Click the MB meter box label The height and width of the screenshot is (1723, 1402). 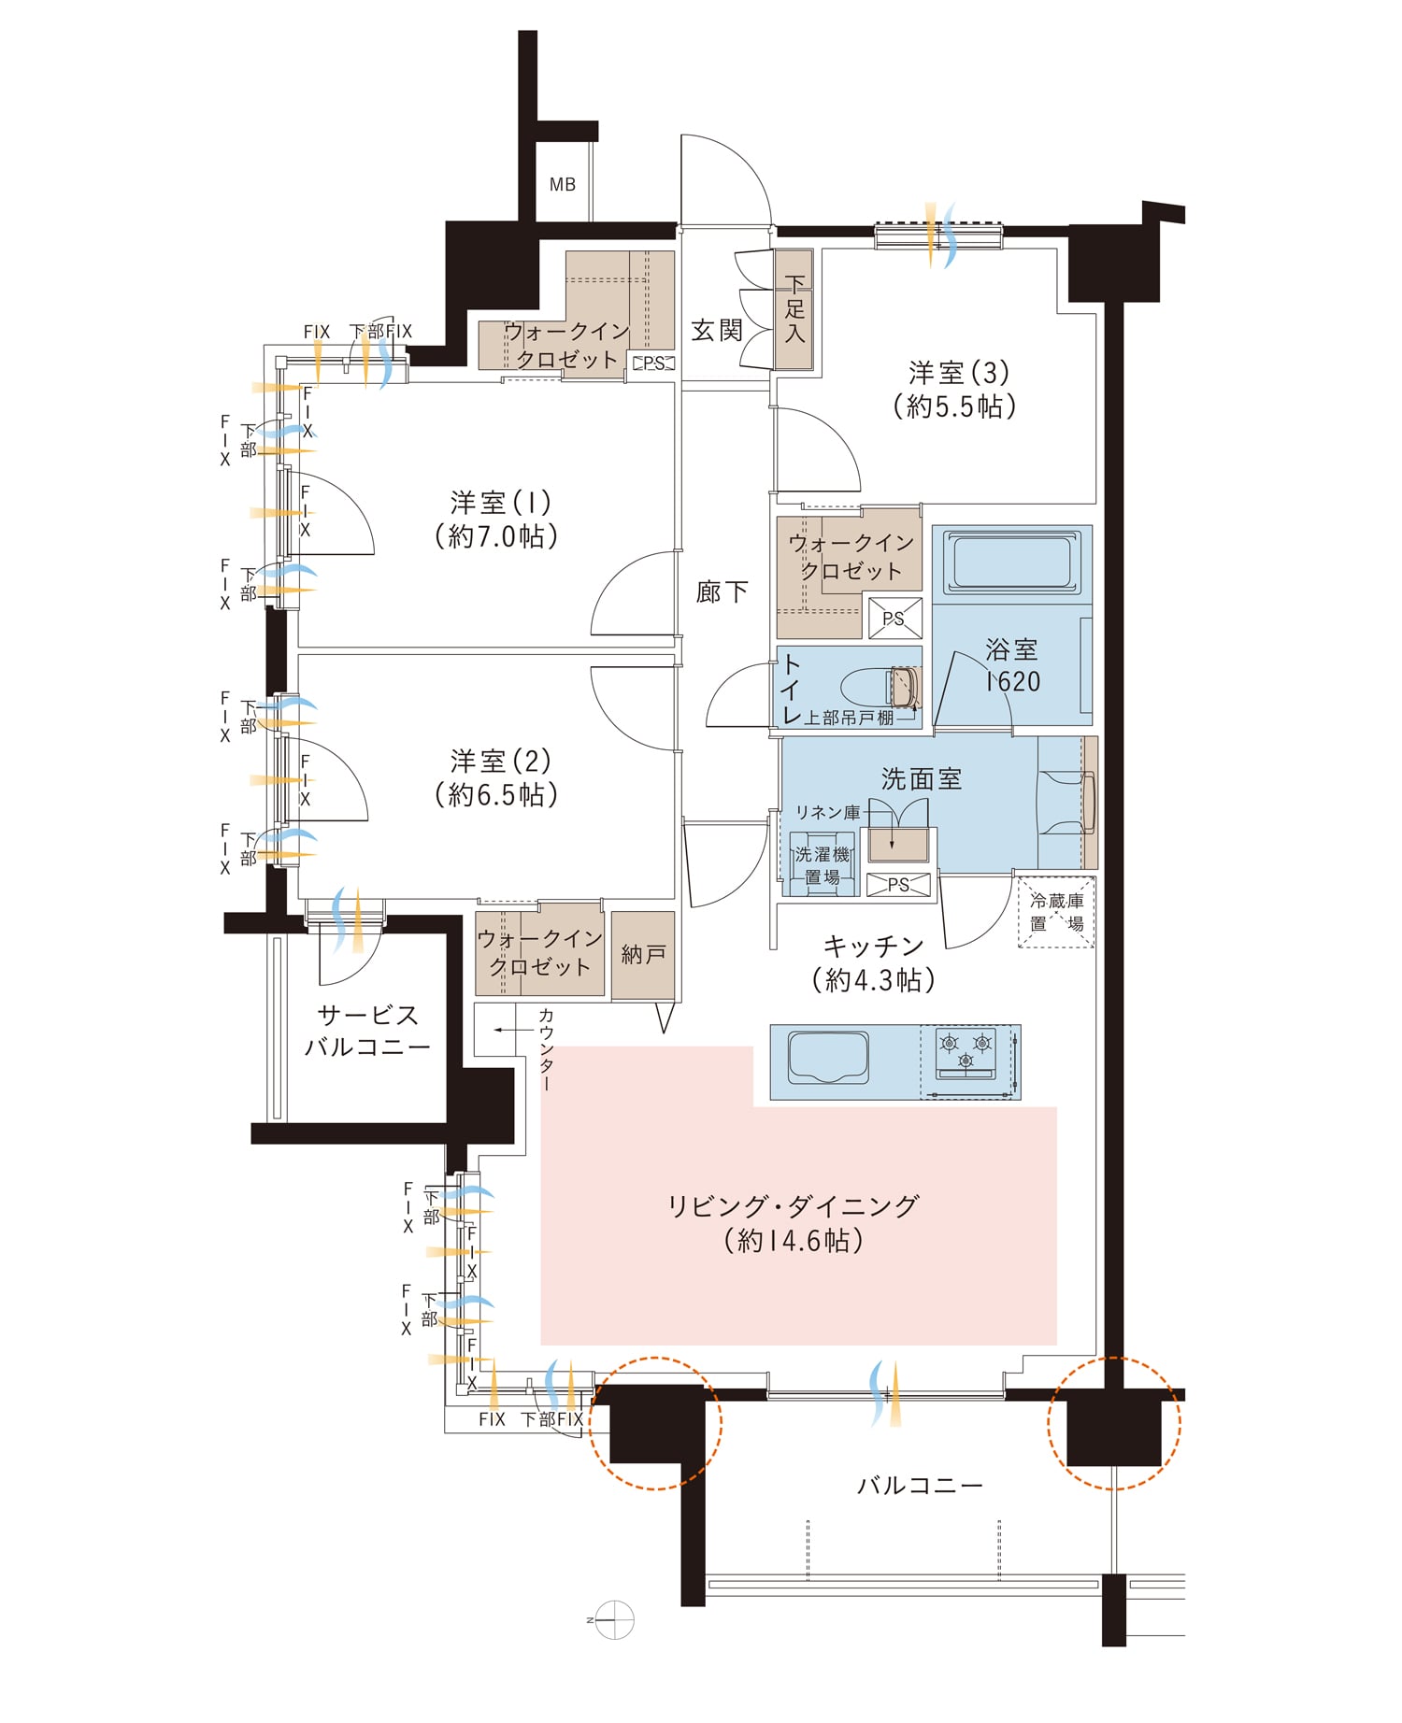563,185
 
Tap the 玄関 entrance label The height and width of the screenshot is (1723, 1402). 717,330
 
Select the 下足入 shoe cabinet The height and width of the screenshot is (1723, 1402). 794,309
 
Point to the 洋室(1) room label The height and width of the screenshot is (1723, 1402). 500,504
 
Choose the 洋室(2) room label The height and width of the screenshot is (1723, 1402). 500,762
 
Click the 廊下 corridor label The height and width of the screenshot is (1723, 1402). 722,591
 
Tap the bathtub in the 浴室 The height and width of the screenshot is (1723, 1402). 1011,562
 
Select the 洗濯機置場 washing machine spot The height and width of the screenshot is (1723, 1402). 823,864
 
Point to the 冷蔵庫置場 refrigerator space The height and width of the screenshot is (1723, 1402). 1056,912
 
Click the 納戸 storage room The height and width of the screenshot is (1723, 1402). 643,955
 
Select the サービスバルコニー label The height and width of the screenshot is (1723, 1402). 367,1031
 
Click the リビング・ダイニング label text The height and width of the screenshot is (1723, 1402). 793,1206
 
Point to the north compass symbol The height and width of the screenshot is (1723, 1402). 614,1618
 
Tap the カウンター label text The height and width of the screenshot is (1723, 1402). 547,1049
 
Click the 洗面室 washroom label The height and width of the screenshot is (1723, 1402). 921,778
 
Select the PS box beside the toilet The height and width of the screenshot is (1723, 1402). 894,619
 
